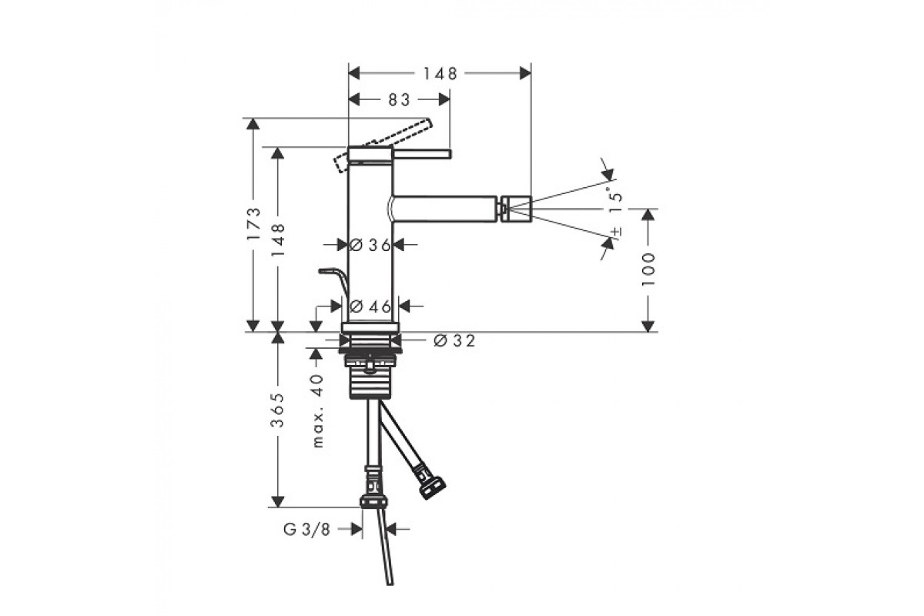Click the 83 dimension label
click(x=399, y=100)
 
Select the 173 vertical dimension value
click(x=253, y=223)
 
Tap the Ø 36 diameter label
click(x=370, y=245)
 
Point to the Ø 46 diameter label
click(x=370, y=306)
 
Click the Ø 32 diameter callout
click(x=454, y=341)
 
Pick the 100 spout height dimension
click(x=648, y=270)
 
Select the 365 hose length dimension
click(x=277, y=410)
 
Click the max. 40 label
click(x=319, y=411)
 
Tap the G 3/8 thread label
click(x=307, y=529)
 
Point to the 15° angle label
click(x=615, y=199)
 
